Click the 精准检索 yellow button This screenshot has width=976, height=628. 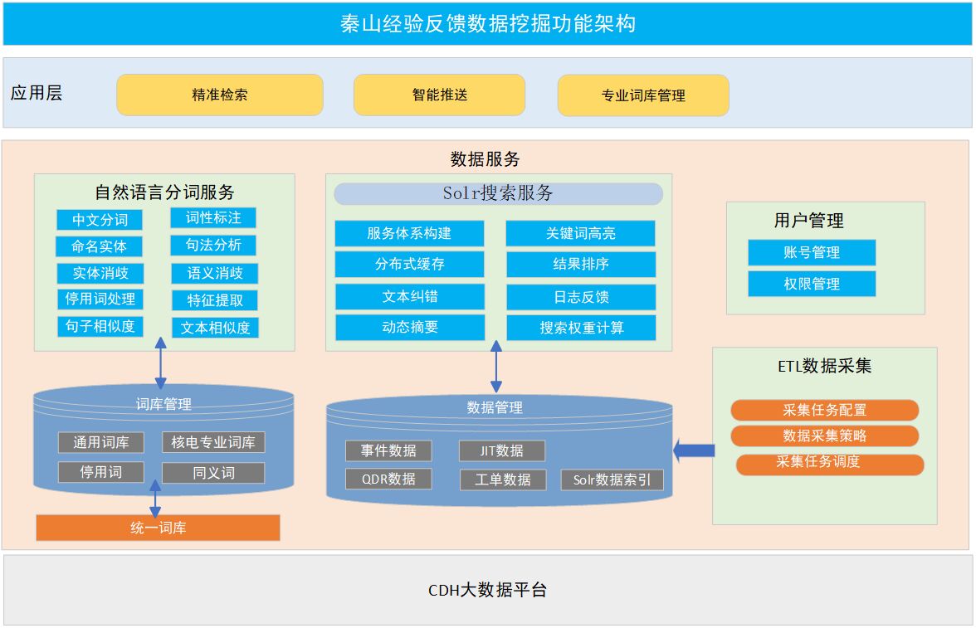point(219,95)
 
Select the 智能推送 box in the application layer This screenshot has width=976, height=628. point(439,95)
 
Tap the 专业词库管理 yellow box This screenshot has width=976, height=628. point(643,95)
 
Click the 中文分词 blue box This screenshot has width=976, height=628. point(100,220)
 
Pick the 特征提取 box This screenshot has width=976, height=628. point(215,300)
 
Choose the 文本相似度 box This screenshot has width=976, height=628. point(215,328)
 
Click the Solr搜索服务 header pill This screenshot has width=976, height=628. point(498,194)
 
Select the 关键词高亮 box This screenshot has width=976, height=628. point(580,233)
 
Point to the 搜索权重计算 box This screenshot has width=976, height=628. point(581,328)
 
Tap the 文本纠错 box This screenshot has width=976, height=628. point(409,296)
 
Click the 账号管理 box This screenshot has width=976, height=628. point(812,252)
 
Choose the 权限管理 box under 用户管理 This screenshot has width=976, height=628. point(812,284)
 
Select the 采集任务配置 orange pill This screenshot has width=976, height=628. point(824,410)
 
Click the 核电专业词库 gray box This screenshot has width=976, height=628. point(213,442)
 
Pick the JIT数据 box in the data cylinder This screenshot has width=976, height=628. point(501,450)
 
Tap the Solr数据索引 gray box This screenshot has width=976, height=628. point(612,480)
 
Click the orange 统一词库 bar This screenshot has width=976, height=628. point(158,528)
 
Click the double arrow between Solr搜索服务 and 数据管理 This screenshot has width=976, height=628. point(496,367)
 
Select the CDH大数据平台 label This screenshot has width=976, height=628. point(487,591)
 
